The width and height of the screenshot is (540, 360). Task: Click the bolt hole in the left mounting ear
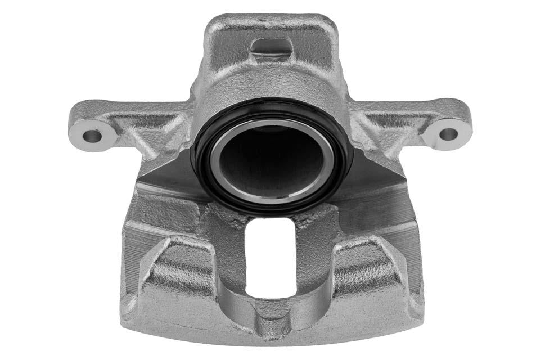coord(92,136)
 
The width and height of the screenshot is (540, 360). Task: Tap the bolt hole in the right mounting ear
coord(448,134)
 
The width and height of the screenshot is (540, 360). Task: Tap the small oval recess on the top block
coord(271,47)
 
